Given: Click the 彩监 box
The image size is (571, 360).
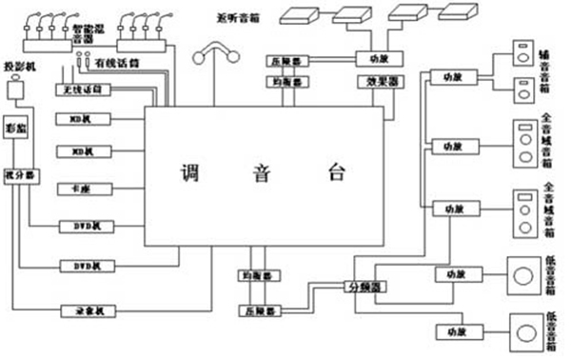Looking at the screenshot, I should tap(15, 126).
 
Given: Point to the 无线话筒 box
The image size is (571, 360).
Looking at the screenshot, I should tap(85, 89).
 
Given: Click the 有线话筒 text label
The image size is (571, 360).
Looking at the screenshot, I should tap(118, 64).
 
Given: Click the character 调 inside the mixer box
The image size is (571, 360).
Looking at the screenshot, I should tap(189, 173).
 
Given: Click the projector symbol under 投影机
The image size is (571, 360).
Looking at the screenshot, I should tap(16, 90).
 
